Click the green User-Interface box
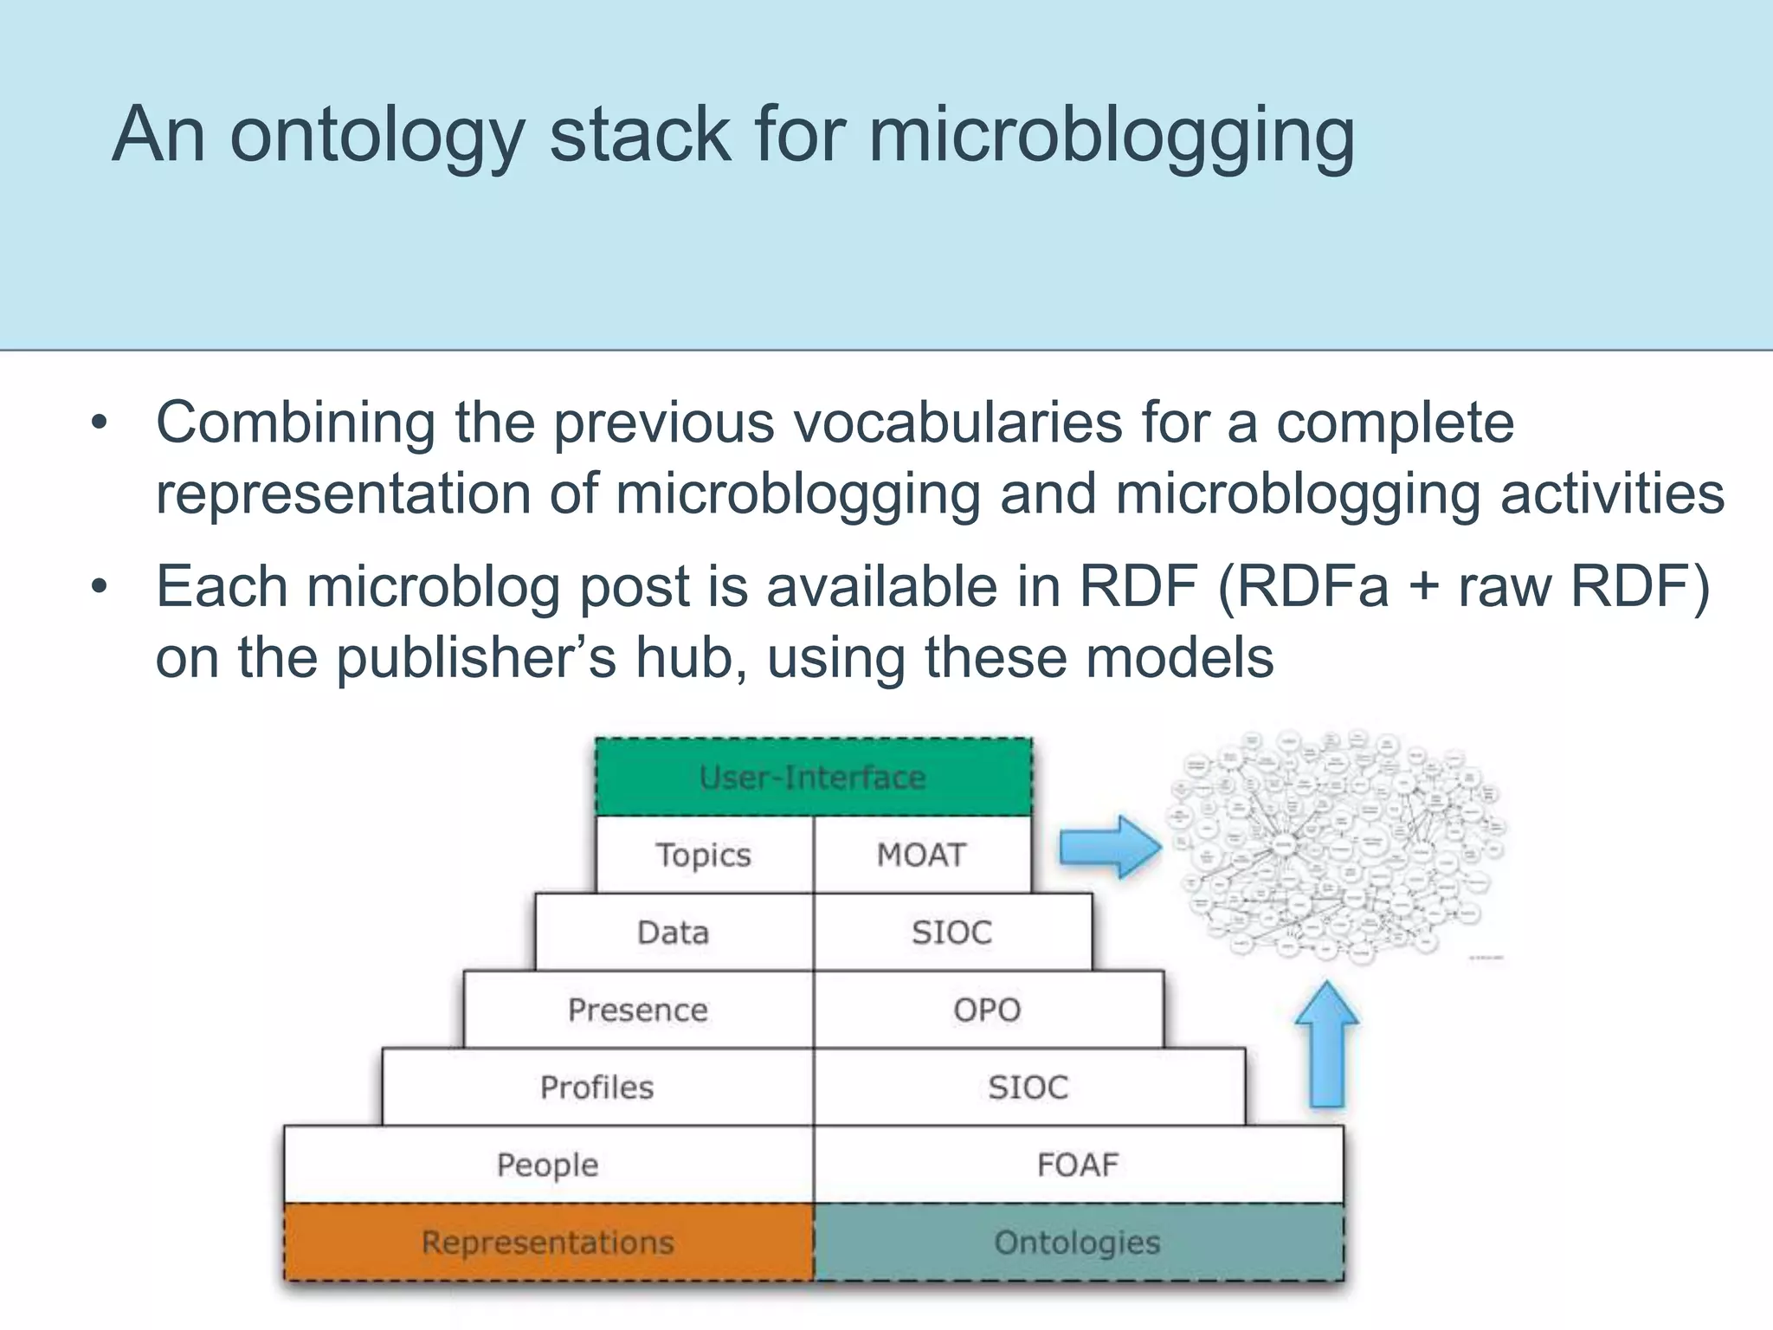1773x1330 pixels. pyautogui.click(x=813, y=777)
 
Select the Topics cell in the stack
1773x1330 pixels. pyautogui.click(x=703, y=855)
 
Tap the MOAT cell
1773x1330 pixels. pyautogui.click(x=921, y=855)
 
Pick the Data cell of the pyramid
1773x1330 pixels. pyautogui.click(x=673, y=932)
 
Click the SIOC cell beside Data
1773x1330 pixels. pyautogui.click(x=951, y=932)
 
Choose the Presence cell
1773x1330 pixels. pyautogui.click(x=638, y=1010)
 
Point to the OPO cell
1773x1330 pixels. pyautogui.click(x=987, y=1010)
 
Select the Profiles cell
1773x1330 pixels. pyautogui.click(x=597, y=1087)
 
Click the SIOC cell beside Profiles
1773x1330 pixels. pyautogui.click(x=1028, y=1087)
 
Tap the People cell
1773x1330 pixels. pyautogui.click(x=547, y=1165)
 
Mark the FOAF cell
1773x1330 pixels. pyautogui.click(x=1078, y=1165)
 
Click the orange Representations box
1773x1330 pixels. pyautogui.click(x=547, y=1242)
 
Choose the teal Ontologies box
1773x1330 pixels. pyautogui.click(x=1078, y=1242)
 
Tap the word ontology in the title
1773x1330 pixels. pyautogui.click(x=377, y=135)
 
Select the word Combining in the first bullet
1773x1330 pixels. pyautogui.click(x=295, y=423)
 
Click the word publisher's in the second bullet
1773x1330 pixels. pyautogui.click(x=476, y=657)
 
